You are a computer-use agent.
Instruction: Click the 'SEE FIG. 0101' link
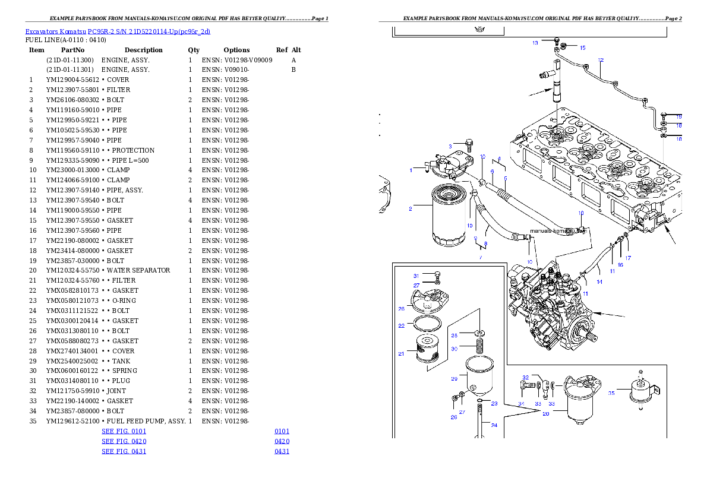pos(124,431)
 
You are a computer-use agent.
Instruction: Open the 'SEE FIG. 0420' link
pos(124,441)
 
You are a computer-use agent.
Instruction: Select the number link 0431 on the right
pos(282,451)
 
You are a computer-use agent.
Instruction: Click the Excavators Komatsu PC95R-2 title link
pos(118,31)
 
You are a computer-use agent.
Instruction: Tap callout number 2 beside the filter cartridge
pos(410,208)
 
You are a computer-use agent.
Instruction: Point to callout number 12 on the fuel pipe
pos(601,60)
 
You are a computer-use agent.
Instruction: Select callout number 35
pos(611,392)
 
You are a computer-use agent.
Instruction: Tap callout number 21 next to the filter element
pos(402,354)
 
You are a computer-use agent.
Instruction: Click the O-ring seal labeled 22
pos(427,325)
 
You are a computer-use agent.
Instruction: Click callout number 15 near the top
pos(582,48)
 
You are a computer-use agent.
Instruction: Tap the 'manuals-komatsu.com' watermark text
pos(557,230)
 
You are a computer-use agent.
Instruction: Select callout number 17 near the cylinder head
pos(628,258)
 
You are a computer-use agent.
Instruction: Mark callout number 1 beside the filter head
pos(411,170)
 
